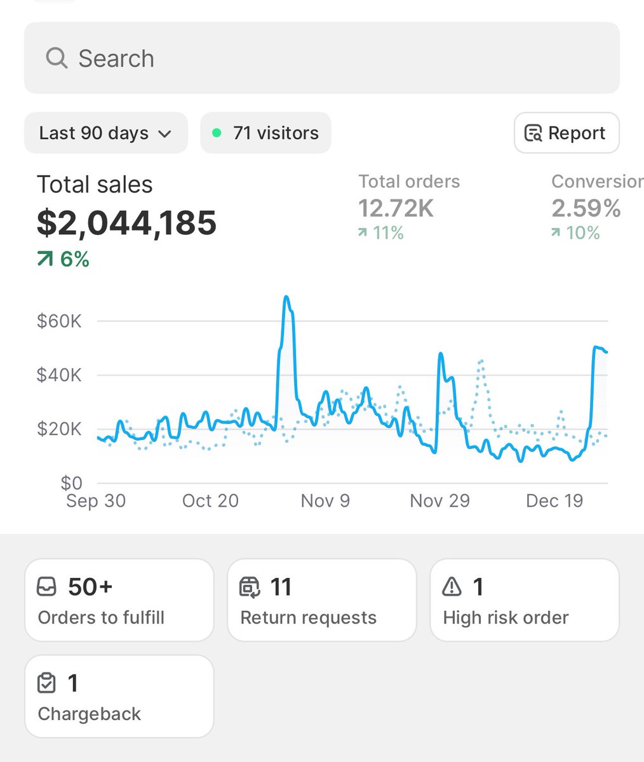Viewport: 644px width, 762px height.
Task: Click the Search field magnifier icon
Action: (57, 58)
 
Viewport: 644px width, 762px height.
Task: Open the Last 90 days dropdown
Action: (105, 133)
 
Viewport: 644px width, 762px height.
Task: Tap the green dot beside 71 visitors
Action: (217, 133)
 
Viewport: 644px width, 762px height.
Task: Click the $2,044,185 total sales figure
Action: (126, 223)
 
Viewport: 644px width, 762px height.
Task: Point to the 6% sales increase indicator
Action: (63, 259)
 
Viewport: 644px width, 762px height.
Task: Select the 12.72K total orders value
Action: (396, 208)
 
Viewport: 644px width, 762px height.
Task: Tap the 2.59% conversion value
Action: (586, 208)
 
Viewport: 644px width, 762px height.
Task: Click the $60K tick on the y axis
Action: (59, 321)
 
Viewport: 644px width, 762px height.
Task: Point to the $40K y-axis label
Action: (59, 375)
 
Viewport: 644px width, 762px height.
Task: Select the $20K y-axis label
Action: (59, 429)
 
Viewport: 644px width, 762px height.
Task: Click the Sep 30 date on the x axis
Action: (96, 501)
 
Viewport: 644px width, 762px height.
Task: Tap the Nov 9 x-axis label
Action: (325, 501)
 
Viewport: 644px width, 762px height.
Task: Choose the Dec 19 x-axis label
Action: (554, 501)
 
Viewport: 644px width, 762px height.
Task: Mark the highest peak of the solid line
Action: (286, 297)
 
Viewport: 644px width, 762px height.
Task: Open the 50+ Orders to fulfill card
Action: (119, 600)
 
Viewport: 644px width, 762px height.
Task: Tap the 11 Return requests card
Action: (321, 600)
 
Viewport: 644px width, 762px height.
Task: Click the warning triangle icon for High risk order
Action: (452, 587)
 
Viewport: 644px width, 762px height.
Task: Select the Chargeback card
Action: (119, 697)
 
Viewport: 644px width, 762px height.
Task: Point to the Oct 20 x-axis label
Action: (210, 501)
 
